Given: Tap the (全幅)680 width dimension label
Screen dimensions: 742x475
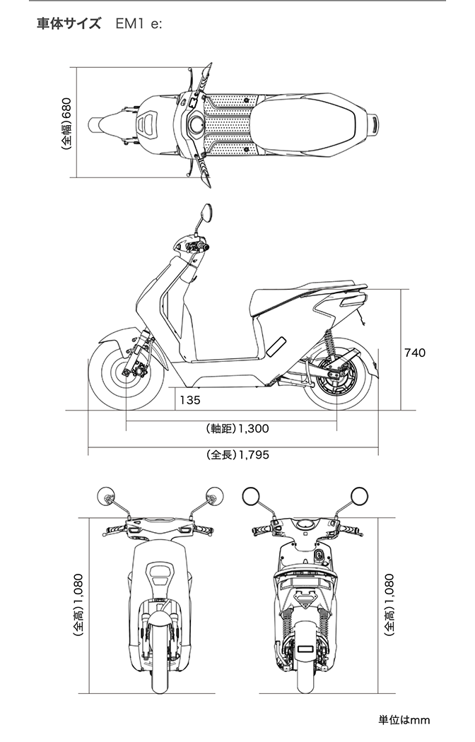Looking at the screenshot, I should click(x=66, y=124).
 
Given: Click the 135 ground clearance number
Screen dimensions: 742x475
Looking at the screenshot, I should click(x=189, y=400).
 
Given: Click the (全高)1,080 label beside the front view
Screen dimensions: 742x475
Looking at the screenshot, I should click(x=78, y=606).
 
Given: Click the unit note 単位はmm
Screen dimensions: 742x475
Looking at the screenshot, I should click(x=404, y=720).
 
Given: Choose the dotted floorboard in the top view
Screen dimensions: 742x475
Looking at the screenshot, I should click(x=228, y=124).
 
